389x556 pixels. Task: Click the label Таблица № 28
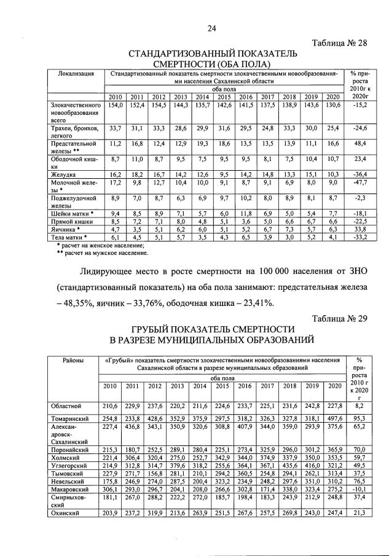339,43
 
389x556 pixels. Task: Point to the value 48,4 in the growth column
360,143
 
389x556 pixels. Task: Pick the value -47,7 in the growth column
360,182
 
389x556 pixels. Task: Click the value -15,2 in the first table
360,105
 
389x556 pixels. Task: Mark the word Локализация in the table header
76,74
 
